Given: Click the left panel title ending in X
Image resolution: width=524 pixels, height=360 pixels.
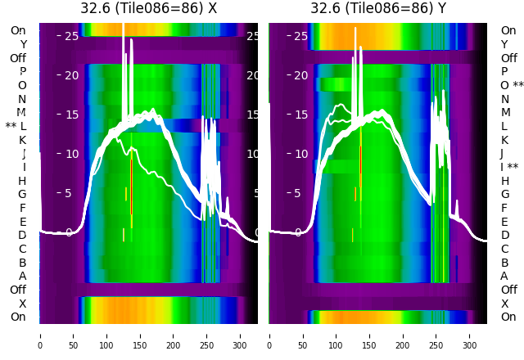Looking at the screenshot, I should [148, 8].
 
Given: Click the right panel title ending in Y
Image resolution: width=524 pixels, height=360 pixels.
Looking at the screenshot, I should [378, 8].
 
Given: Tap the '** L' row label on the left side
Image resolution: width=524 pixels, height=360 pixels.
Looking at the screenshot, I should [16, 126].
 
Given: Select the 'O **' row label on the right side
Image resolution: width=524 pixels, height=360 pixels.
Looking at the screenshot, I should [512, 85].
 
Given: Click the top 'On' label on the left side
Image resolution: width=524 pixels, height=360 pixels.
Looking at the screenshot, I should [18, 30].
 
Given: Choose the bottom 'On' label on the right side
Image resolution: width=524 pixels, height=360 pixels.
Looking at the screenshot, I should [508, 317].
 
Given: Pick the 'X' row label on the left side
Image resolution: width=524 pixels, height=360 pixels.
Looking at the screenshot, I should [23, 304].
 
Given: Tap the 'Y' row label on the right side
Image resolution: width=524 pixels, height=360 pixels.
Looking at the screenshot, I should [504, 44].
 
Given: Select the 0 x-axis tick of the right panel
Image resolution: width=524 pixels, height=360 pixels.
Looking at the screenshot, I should [270, 335].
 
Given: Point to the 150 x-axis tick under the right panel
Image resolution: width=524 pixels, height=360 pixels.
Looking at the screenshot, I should [370, 335].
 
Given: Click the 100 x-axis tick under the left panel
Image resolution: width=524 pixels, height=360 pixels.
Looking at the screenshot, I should [106, 335].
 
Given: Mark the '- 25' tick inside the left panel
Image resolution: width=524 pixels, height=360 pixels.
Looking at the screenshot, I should [70, 36].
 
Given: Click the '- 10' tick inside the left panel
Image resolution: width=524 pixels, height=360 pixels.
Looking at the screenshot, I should [70, 154].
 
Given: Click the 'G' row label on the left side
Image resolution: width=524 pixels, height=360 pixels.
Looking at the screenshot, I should [23, 194].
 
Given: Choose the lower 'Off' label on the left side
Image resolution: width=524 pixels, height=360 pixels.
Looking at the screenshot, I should [18, 290].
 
